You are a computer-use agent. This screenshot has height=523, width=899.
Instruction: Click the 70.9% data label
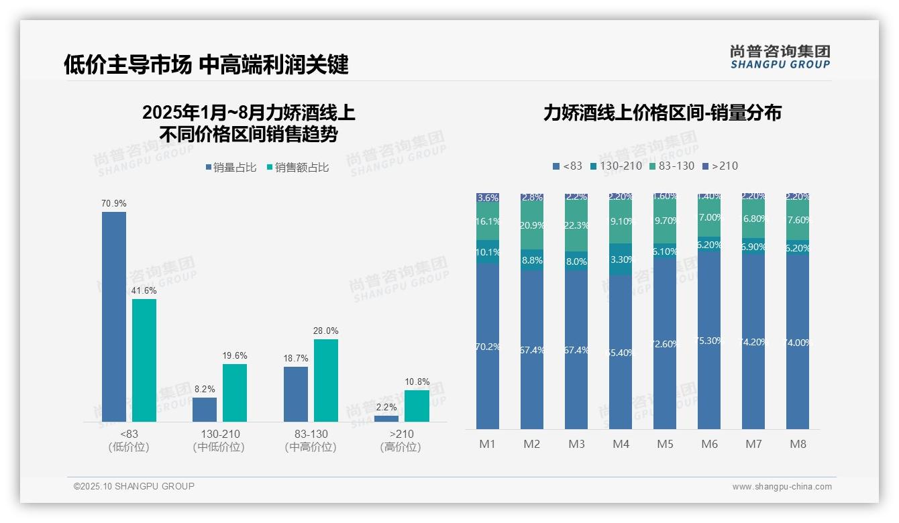[113, 203]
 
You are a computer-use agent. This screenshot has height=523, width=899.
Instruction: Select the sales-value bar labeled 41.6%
[144, 360]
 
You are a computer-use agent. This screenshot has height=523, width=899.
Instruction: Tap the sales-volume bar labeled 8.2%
[205, 409]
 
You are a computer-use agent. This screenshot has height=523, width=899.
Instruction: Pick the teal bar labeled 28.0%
[326, 380]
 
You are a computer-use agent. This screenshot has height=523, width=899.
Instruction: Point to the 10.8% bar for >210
[417, 406]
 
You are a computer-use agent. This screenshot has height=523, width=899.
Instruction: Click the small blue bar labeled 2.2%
[386, 418]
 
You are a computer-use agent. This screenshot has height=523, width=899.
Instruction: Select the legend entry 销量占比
[230, 168]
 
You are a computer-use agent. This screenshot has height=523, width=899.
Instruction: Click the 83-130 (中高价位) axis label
[311, 441]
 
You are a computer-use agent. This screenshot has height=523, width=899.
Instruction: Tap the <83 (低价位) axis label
[129, 441]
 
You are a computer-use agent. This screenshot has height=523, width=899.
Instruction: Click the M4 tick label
[621, 444]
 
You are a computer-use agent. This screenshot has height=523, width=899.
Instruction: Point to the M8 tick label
[798, 444]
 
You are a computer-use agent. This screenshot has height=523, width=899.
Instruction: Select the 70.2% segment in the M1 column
[488, 346]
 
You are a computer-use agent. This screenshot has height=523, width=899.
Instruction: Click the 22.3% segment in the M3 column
[576, 226]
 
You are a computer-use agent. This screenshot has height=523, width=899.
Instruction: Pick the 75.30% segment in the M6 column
[709, 341]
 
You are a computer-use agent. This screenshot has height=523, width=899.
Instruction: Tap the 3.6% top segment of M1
[488, 198]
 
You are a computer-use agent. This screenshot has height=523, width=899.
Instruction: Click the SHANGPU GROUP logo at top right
[780, 57]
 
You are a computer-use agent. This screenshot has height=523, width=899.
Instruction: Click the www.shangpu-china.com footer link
[782, 487]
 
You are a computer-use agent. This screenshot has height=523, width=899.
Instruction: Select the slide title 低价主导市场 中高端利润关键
[206, 65]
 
